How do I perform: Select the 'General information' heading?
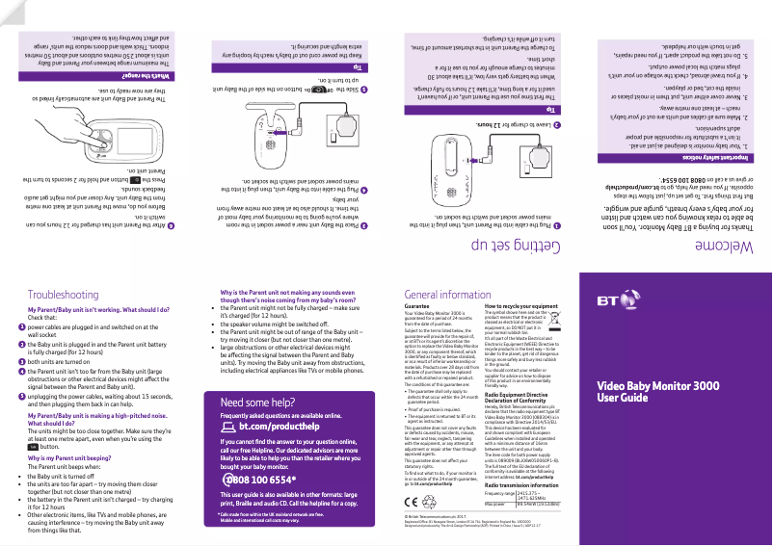449,294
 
